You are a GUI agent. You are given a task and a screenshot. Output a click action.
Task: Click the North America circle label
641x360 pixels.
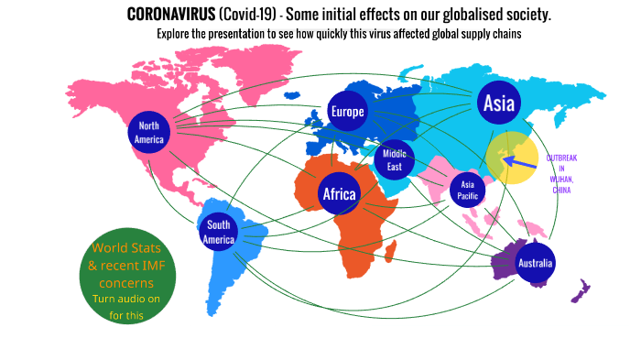pyautogui.click(x=149, y=133)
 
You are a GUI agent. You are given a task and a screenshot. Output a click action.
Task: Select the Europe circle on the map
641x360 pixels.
pyautogui.click(x=347, y=112)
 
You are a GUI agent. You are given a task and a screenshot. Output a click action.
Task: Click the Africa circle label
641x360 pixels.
pyautogui.click(x=339, y=193)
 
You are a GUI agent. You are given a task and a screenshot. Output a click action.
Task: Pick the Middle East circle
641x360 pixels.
pyautogui.click(x=395, y=160)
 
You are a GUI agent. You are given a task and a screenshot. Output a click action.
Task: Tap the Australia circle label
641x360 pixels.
pyautogui.click(x=535, y=264)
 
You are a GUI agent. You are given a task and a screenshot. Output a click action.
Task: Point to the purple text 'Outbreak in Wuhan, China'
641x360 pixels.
pyautogui.click(x=560, y=173)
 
